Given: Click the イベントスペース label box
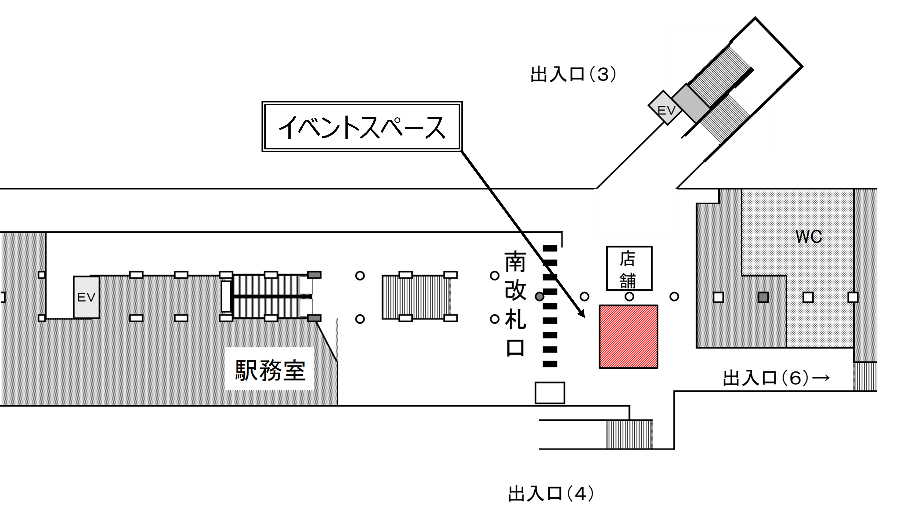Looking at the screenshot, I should pyautogui.click(x=362, y=127).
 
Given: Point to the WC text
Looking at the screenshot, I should pyautogui.click(x=809, y=237).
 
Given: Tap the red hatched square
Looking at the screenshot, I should pyautogui.click(x=628, y=336).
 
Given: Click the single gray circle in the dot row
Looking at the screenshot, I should pyautogui.click(x=539, y=297).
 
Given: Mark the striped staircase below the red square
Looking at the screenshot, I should pyautogui.click(x=629, y=435).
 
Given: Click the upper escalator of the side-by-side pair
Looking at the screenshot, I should pyautogui.click(x=267, y=285).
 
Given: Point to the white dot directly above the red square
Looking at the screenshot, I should pyautogui.click(x=629, y=297).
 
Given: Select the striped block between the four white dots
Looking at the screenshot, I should pyautogui.click(x=417, y=297).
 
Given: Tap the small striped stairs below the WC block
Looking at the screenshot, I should pyautogui.click(x=865, y=376).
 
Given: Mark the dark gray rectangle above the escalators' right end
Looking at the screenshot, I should pyautogui.click(x=314, y=275).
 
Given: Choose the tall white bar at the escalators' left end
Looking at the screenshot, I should pyautogui.click(x=226, y=297).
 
